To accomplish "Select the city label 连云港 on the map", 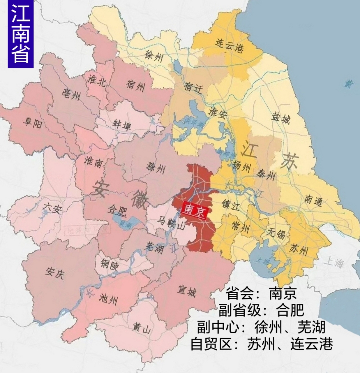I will click(230, 45).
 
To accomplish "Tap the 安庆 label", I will click(54, 273).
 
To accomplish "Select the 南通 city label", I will click(313, 200).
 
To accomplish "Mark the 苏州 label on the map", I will click(299, 249).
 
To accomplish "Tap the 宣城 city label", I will click(187, 291).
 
